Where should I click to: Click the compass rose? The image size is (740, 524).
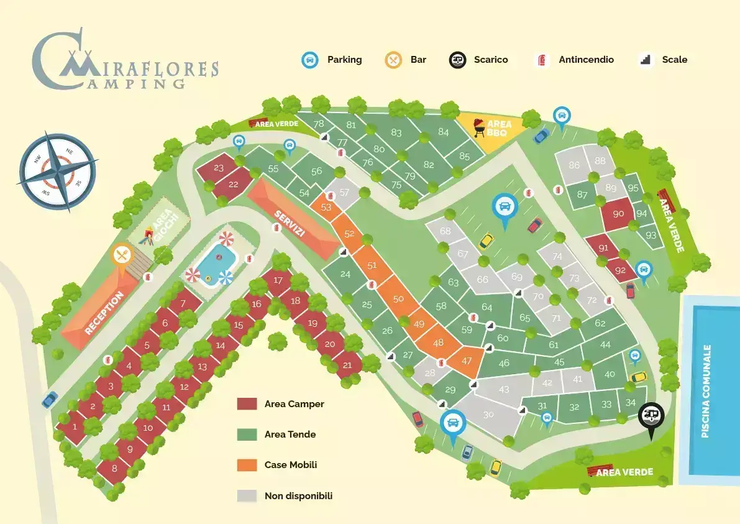tap(57, 171)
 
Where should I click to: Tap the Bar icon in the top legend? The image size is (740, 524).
tap(393, 60)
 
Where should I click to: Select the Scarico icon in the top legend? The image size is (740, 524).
tap(457, 60)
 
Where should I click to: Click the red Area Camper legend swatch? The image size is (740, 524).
tap(247, 403)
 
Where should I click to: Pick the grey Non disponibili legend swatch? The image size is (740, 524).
tap(247, 495)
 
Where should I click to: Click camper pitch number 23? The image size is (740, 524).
tap(219, 168)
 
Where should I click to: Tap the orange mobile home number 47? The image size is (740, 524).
tap(466, 361)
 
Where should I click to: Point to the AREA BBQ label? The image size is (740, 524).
tap(499, 128)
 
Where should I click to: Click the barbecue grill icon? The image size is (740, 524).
tap(478, 127)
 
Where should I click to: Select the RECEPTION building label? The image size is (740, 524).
tap(104, 313)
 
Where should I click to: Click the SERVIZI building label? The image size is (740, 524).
tap(290, 223)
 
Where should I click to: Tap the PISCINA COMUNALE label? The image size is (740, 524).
tap(706, 391)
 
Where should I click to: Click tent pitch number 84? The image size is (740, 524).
tap(443, 132)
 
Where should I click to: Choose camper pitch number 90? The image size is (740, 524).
tap(618, 214)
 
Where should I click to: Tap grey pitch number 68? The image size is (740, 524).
tap(445, 231)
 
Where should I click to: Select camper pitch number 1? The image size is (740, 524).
tap(75, 427)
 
